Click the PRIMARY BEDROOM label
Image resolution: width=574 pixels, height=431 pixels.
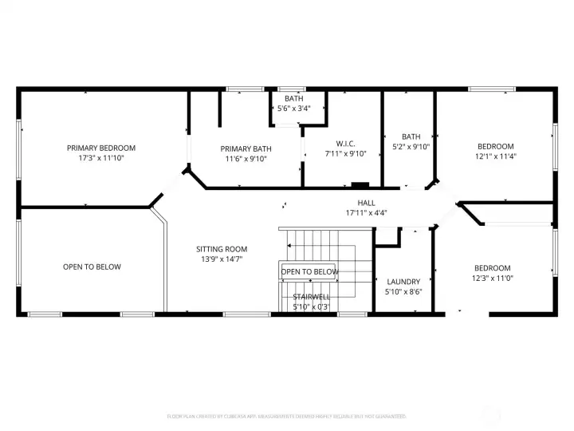tap(100, 148)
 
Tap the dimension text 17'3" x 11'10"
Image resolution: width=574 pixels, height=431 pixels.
tap(100, 158)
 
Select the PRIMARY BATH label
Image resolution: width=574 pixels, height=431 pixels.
tap(246, 148)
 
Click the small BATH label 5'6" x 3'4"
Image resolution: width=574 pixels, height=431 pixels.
tap(293, 98)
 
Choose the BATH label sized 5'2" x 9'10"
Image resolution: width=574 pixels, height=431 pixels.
tap(411, 136)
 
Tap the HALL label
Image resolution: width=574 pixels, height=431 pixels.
tap(366, 203)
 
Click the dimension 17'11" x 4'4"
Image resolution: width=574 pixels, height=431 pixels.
tap(366, 213)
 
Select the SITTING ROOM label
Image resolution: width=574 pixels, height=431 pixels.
tap(222, 249)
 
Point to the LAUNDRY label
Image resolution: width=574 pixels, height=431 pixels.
tap(403, 282)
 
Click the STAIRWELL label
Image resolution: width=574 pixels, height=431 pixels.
tap(311, 297)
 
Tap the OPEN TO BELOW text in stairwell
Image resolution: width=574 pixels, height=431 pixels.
tap(309, 272)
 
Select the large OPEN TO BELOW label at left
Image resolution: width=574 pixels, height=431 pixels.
tap(92, 267)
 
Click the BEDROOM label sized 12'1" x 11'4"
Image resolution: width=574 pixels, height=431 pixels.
tap(495, 146)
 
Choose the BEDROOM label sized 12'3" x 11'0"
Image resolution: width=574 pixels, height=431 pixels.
tap(493, 268)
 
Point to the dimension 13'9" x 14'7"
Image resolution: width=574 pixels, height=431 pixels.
tap(222, 259)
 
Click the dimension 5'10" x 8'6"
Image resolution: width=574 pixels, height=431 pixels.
tap(403, 292)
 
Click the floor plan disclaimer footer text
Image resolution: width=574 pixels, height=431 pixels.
tap(287, 417)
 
